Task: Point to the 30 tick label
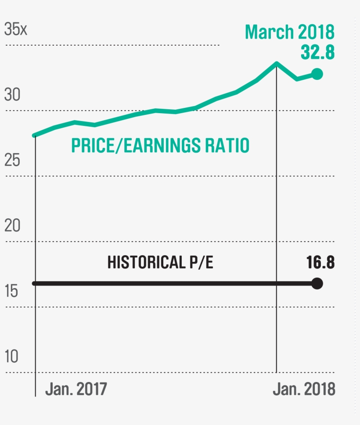[x=13, y=94]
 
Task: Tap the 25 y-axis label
[x=13, y=160]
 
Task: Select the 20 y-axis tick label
[x=13, y=225]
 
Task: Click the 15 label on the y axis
[x=12, y=291]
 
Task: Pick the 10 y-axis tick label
[x=12, y=357]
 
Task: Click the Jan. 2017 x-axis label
[x=76, y=389]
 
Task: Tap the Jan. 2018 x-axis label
[x=304, y=389]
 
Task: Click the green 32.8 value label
[x=317, y=52]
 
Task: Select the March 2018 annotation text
[x=290, y=32]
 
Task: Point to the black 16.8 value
[x=320, y=263]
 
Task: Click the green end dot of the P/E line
[x=317, y=74]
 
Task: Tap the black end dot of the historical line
[x=317, y=284]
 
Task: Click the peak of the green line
[x=277, y=63]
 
